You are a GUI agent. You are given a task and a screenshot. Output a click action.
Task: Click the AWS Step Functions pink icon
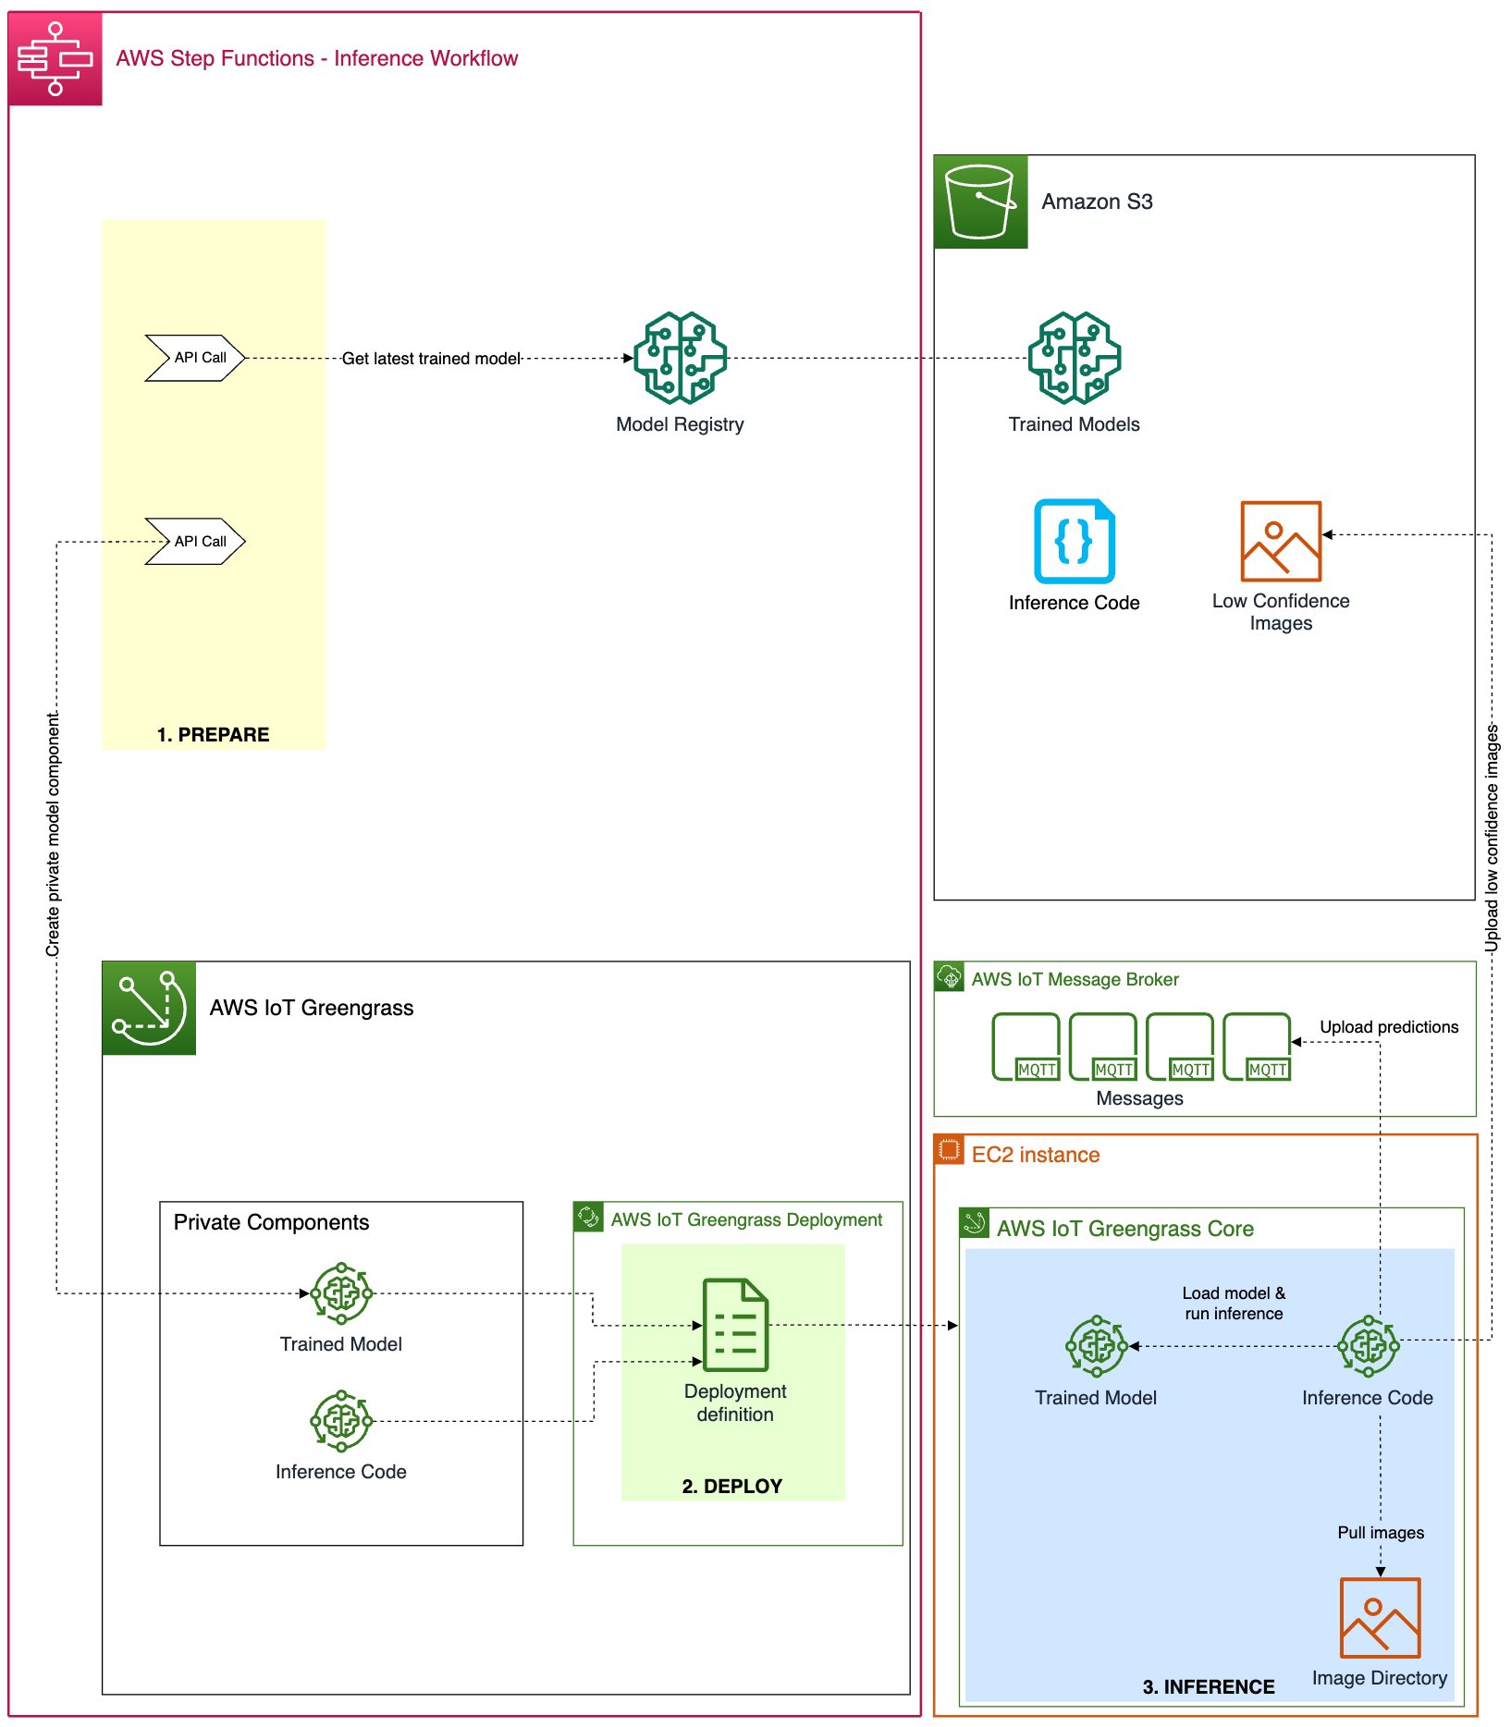click(x=55, y=59)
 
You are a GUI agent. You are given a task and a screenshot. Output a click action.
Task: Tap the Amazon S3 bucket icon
click(x=980, y=202)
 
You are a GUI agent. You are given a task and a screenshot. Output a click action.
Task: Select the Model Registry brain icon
click(x=680, y=358)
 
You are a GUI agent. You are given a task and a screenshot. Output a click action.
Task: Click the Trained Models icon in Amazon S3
click(x=1074, y=358)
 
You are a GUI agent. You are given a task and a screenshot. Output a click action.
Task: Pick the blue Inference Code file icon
click(x=1074, y=541)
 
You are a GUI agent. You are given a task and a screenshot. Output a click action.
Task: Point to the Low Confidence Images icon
click(x=1280, y=541)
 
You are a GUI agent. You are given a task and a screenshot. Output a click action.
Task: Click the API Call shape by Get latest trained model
click(x=195, y=358)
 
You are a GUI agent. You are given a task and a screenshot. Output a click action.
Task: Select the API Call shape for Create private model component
click(x=195, y=542)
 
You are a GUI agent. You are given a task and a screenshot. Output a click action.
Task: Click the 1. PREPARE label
click(x=213, y=735)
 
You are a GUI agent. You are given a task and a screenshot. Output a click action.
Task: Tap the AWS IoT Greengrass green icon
click(x=149, y=1008)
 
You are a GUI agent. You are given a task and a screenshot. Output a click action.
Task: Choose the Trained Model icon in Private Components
click(x=341, y=1293)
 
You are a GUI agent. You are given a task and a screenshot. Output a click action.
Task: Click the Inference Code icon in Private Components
click(x=341, y=1421)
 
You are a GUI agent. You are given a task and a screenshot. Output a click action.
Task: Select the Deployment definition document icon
click(x=735, y=1325)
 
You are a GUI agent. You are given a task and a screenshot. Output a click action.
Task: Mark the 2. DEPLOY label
click(x=731, y=1487)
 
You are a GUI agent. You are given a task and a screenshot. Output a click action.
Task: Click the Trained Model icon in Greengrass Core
click(x=1096, y=1346)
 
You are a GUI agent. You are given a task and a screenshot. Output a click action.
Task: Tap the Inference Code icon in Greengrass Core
click(x=1369, y=1346)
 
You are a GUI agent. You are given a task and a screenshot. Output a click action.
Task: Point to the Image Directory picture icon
click(x=1380, y=1618)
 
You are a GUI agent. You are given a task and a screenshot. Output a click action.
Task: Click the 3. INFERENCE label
click(x=1208, y=1687)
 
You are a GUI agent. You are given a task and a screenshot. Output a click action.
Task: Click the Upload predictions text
click(x=1388, y=1027)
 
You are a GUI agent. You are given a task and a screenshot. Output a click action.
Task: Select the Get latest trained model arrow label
click(x=431, y=359)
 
